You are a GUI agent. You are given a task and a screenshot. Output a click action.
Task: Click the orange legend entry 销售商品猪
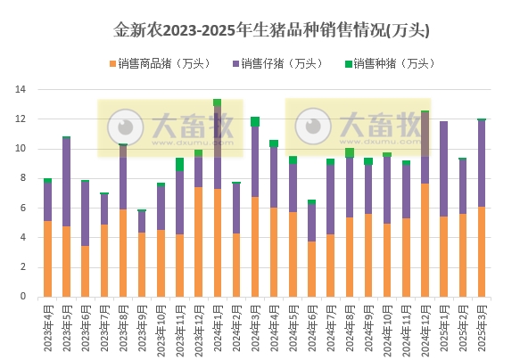point(157,63)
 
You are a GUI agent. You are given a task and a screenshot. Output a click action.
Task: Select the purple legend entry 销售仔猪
point(277,63)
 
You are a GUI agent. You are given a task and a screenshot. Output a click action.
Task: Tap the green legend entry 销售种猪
point(388,63)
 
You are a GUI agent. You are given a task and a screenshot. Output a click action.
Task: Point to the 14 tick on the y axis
point(21,90)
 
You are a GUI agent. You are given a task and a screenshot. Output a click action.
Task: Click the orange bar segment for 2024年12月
point(425,240)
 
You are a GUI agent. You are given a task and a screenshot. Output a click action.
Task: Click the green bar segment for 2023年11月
point(179,164)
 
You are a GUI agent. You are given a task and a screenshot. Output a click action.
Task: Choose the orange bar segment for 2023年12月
point(198,241)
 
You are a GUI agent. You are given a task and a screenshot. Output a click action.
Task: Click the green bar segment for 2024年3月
point(255,121)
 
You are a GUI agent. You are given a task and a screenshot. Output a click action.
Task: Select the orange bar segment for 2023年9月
point(142,264)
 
